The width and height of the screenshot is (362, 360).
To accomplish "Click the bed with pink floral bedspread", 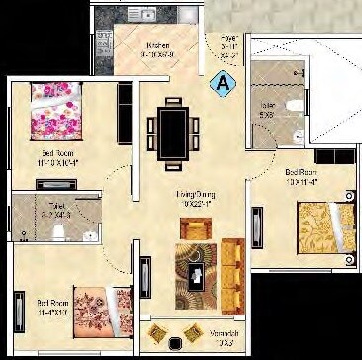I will pyautogui.click(x=61, y=114).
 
